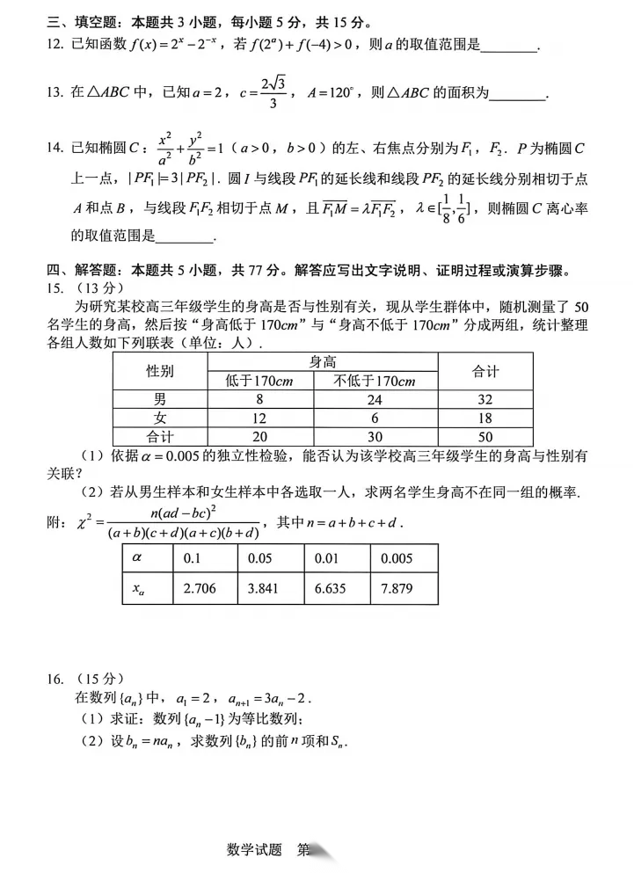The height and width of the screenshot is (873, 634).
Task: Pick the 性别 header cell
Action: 160,371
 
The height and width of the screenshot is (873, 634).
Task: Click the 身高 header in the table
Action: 323,361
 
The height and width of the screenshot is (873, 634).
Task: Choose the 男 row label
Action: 159,399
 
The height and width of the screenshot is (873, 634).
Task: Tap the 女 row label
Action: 159,418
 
